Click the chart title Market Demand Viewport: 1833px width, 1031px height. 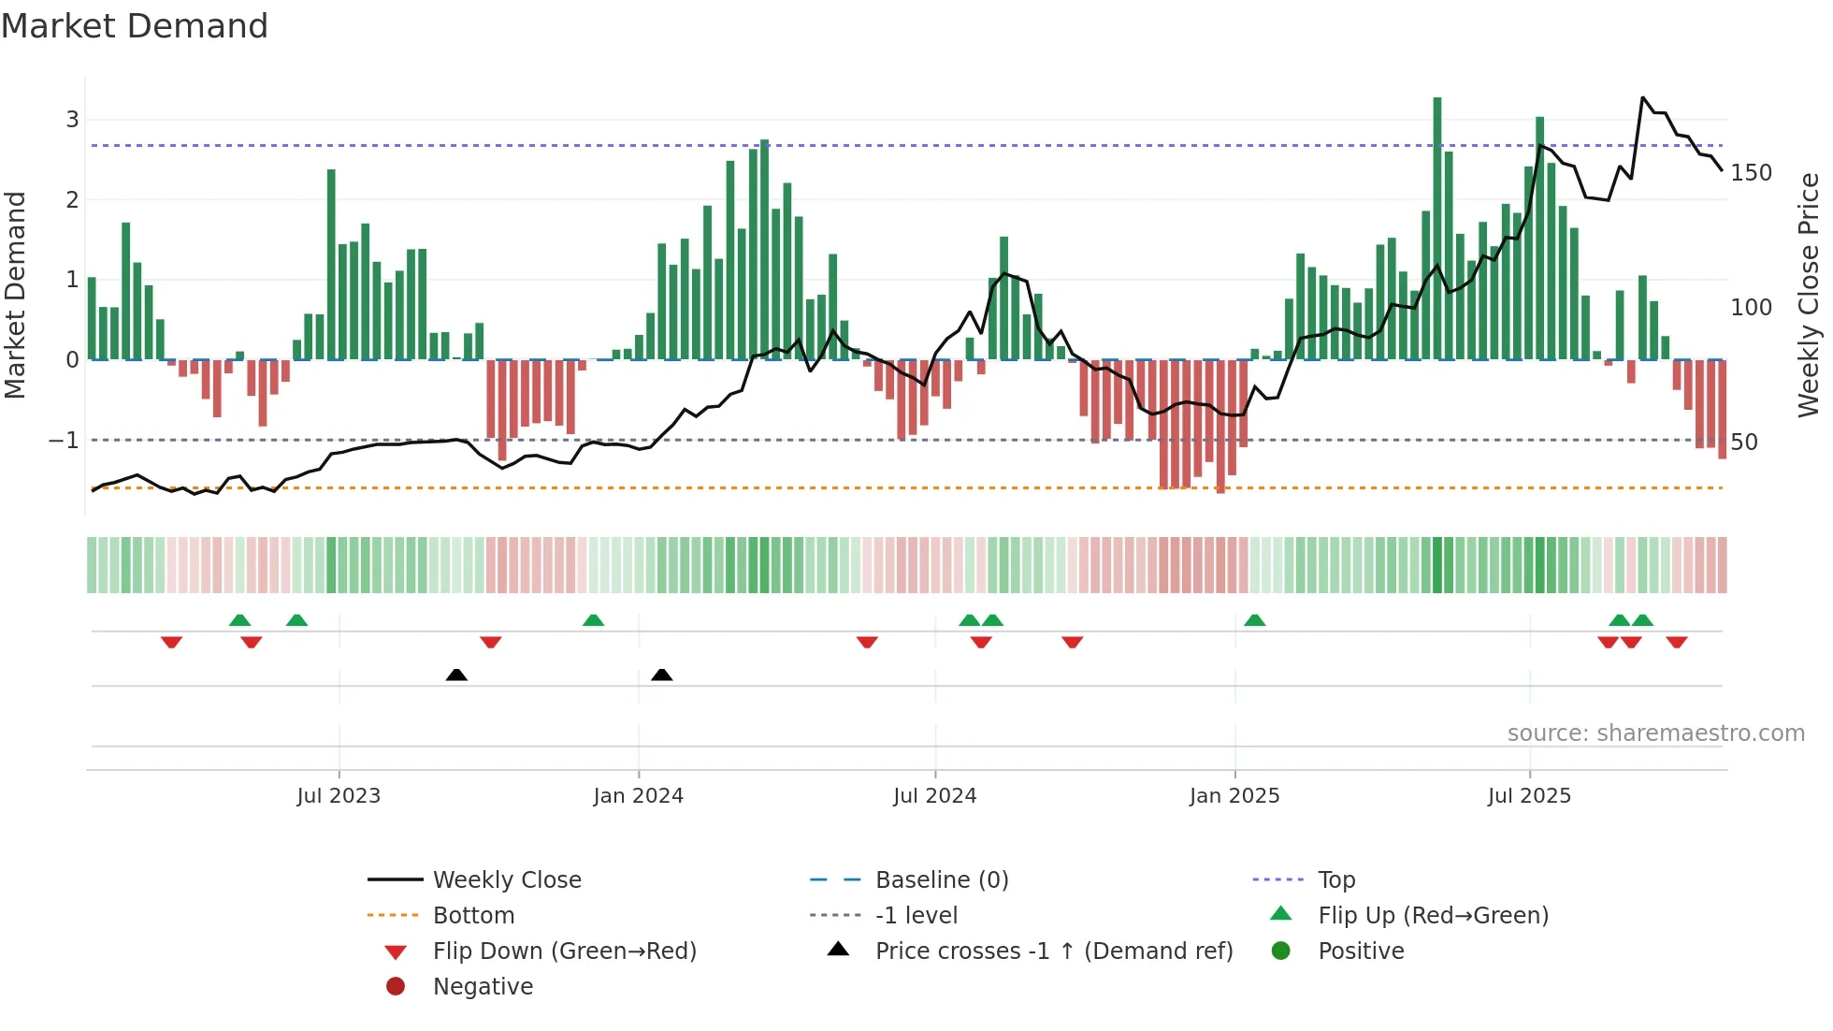pos(135,26)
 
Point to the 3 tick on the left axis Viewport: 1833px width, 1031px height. pos(72,120)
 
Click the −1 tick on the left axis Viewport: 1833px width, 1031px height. pos(64,440)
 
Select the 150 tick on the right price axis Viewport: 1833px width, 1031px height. pos(1751,173)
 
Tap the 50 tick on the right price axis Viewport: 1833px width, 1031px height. pos(1744,442)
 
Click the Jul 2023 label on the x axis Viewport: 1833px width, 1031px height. pos(339,796)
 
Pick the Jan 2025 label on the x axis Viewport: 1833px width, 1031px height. pos(1234,796)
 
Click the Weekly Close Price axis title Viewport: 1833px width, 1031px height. pos(1809,295)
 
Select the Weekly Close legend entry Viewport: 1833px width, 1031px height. pos(506,879)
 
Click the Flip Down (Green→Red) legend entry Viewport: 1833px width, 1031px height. pos(564,951)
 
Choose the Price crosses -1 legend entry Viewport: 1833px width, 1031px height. pos(1053,951)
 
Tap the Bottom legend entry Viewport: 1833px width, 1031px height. pos(473,915)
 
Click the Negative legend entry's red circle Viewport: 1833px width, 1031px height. pos(396,986)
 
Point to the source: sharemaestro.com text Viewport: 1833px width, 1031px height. pos(1655,733)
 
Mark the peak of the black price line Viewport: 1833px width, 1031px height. pos(1643,97)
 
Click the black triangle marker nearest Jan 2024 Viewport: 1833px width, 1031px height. pos(662,675)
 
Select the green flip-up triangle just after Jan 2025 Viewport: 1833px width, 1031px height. pos(1255,620)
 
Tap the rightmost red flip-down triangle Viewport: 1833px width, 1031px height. pos(1677,642)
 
